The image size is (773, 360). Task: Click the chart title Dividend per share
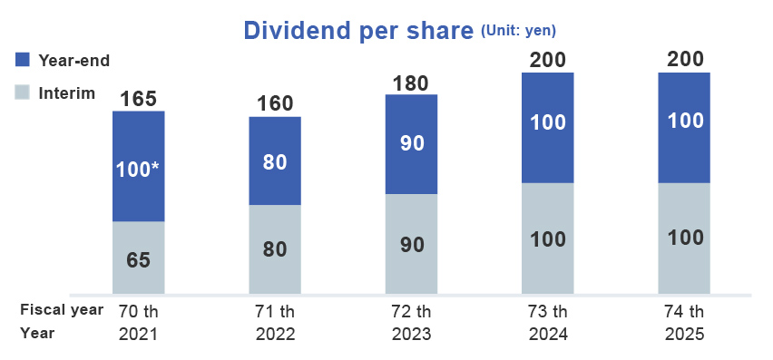point(358,30)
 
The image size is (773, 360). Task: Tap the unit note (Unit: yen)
point(516,31)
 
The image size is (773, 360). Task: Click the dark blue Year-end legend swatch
point(24,60)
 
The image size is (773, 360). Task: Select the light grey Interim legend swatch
point(24,92)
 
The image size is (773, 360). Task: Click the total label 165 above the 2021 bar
point(138,97)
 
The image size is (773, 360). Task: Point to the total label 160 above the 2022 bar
point(275,102)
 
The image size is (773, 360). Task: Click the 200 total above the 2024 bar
point(548,60)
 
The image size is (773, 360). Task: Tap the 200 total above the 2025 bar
point(684,60)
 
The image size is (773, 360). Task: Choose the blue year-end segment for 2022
point(275,161)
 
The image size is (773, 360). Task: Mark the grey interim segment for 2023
point(411,244)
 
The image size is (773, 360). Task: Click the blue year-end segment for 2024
point(548,127)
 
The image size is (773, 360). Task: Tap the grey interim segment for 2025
point(684,238)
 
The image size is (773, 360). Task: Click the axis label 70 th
point(138,310)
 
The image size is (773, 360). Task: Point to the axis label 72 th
point(411,310)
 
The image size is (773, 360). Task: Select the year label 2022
point(275,333)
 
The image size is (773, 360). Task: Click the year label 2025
point(684,333)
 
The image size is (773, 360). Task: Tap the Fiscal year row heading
point(62,310)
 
